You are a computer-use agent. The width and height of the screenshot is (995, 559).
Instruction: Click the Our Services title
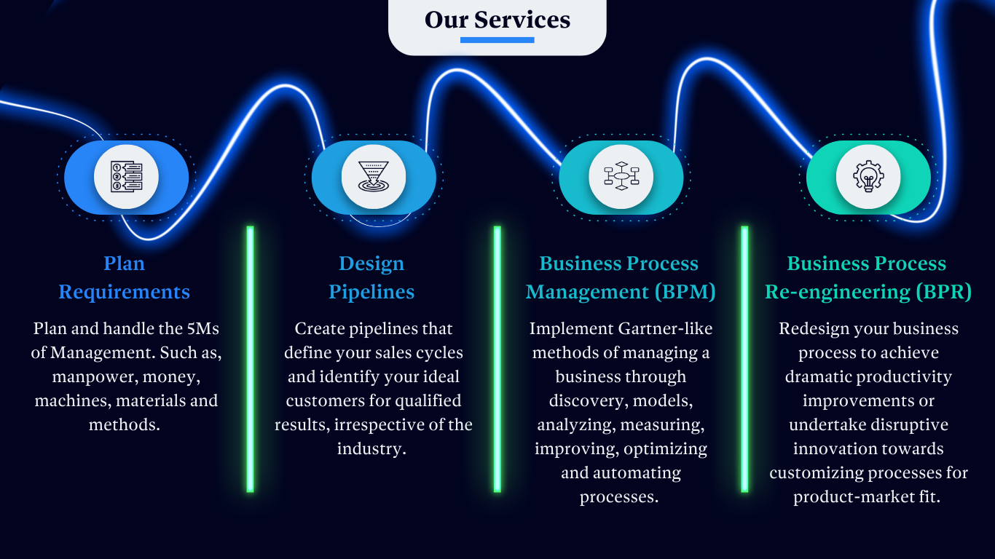497,20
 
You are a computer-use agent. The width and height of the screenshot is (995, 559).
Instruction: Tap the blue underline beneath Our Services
497,40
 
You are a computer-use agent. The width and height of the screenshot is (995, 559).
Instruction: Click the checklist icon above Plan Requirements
126,177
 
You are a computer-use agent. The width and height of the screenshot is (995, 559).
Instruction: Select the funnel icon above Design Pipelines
374,177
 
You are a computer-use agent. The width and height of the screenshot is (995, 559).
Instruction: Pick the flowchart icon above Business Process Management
621,177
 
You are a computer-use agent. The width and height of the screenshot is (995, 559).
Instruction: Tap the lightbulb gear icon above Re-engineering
868,177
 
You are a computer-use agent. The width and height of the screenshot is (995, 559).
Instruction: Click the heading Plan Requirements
125,277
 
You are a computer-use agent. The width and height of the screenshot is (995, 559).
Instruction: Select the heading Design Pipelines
371,277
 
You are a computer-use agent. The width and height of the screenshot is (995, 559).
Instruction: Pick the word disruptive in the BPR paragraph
911,424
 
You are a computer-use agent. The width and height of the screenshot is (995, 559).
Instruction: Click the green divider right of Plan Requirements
250,359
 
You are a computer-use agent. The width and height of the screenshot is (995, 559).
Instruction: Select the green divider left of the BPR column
744,359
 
